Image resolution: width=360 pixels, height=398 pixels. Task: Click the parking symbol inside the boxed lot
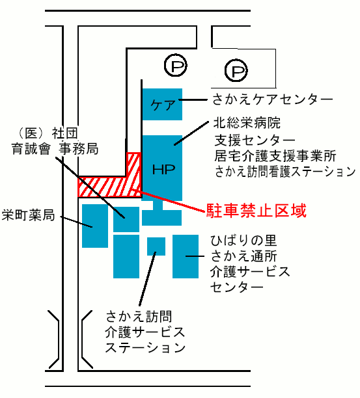pos(236,71)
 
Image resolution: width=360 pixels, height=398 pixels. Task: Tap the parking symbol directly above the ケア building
pos(176,65)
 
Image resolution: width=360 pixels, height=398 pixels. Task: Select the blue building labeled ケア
pos(162,104)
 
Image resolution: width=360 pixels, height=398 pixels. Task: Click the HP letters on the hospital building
pos(163,169)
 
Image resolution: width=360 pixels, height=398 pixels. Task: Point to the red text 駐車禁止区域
pos(256,211)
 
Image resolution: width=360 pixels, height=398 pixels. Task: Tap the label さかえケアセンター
pos(272,99)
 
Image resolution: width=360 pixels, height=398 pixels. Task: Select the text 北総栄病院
pos(247,123)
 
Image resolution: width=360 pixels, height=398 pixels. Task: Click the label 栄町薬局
pos(28,215)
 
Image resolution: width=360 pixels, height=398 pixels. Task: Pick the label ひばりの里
pos(243,241)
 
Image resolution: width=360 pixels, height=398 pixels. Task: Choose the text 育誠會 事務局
pos(55,149)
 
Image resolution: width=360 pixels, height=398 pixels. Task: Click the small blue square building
pos(156,246)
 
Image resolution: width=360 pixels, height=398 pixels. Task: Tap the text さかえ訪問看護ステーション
pos(284,172)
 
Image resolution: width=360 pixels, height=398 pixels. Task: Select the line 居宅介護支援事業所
pos(275,155)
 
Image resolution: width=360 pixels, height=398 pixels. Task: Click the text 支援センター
pos(255,140)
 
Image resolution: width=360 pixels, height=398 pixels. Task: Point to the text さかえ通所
pos(243,256)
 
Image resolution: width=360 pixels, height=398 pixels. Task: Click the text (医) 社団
pos(48,133)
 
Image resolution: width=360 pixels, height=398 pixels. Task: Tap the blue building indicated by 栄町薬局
pos(95,226)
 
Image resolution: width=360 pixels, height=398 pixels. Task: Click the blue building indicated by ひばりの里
pos(186,256)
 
